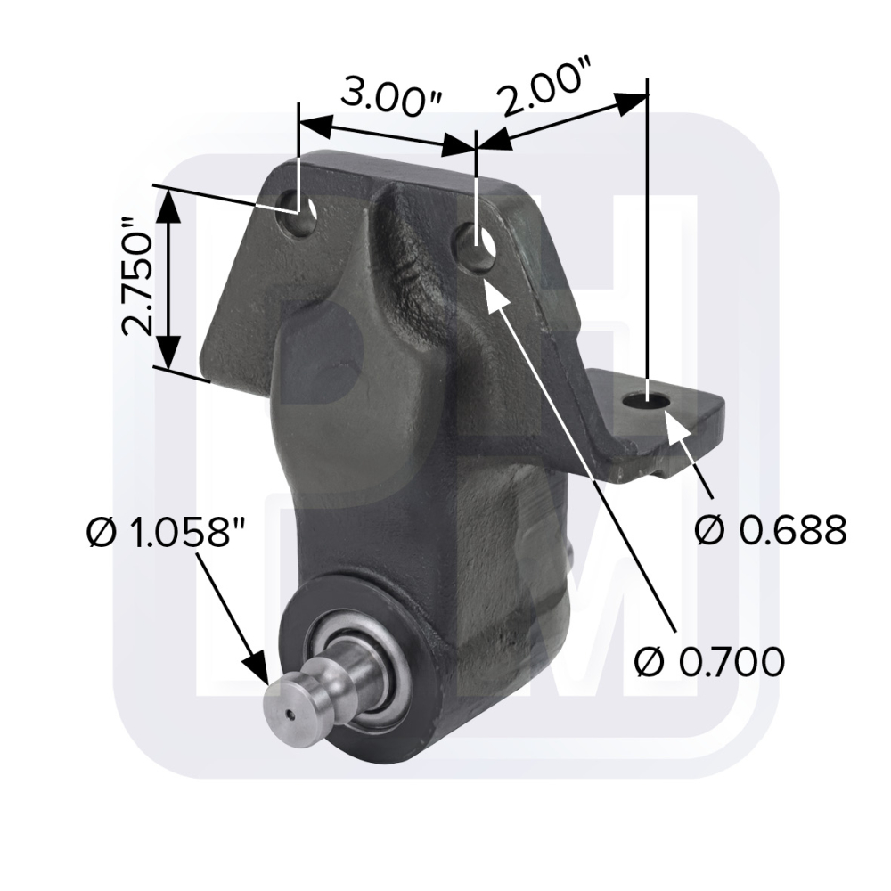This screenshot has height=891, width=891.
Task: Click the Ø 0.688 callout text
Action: point(771,530)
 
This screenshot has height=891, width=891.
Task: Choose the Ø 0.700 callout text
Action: point(709,661)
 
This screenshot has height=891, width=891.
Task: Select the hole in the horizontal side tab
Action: point(647,401)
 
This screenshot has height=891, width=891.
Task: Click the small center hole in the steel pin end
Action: point(290,715)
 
